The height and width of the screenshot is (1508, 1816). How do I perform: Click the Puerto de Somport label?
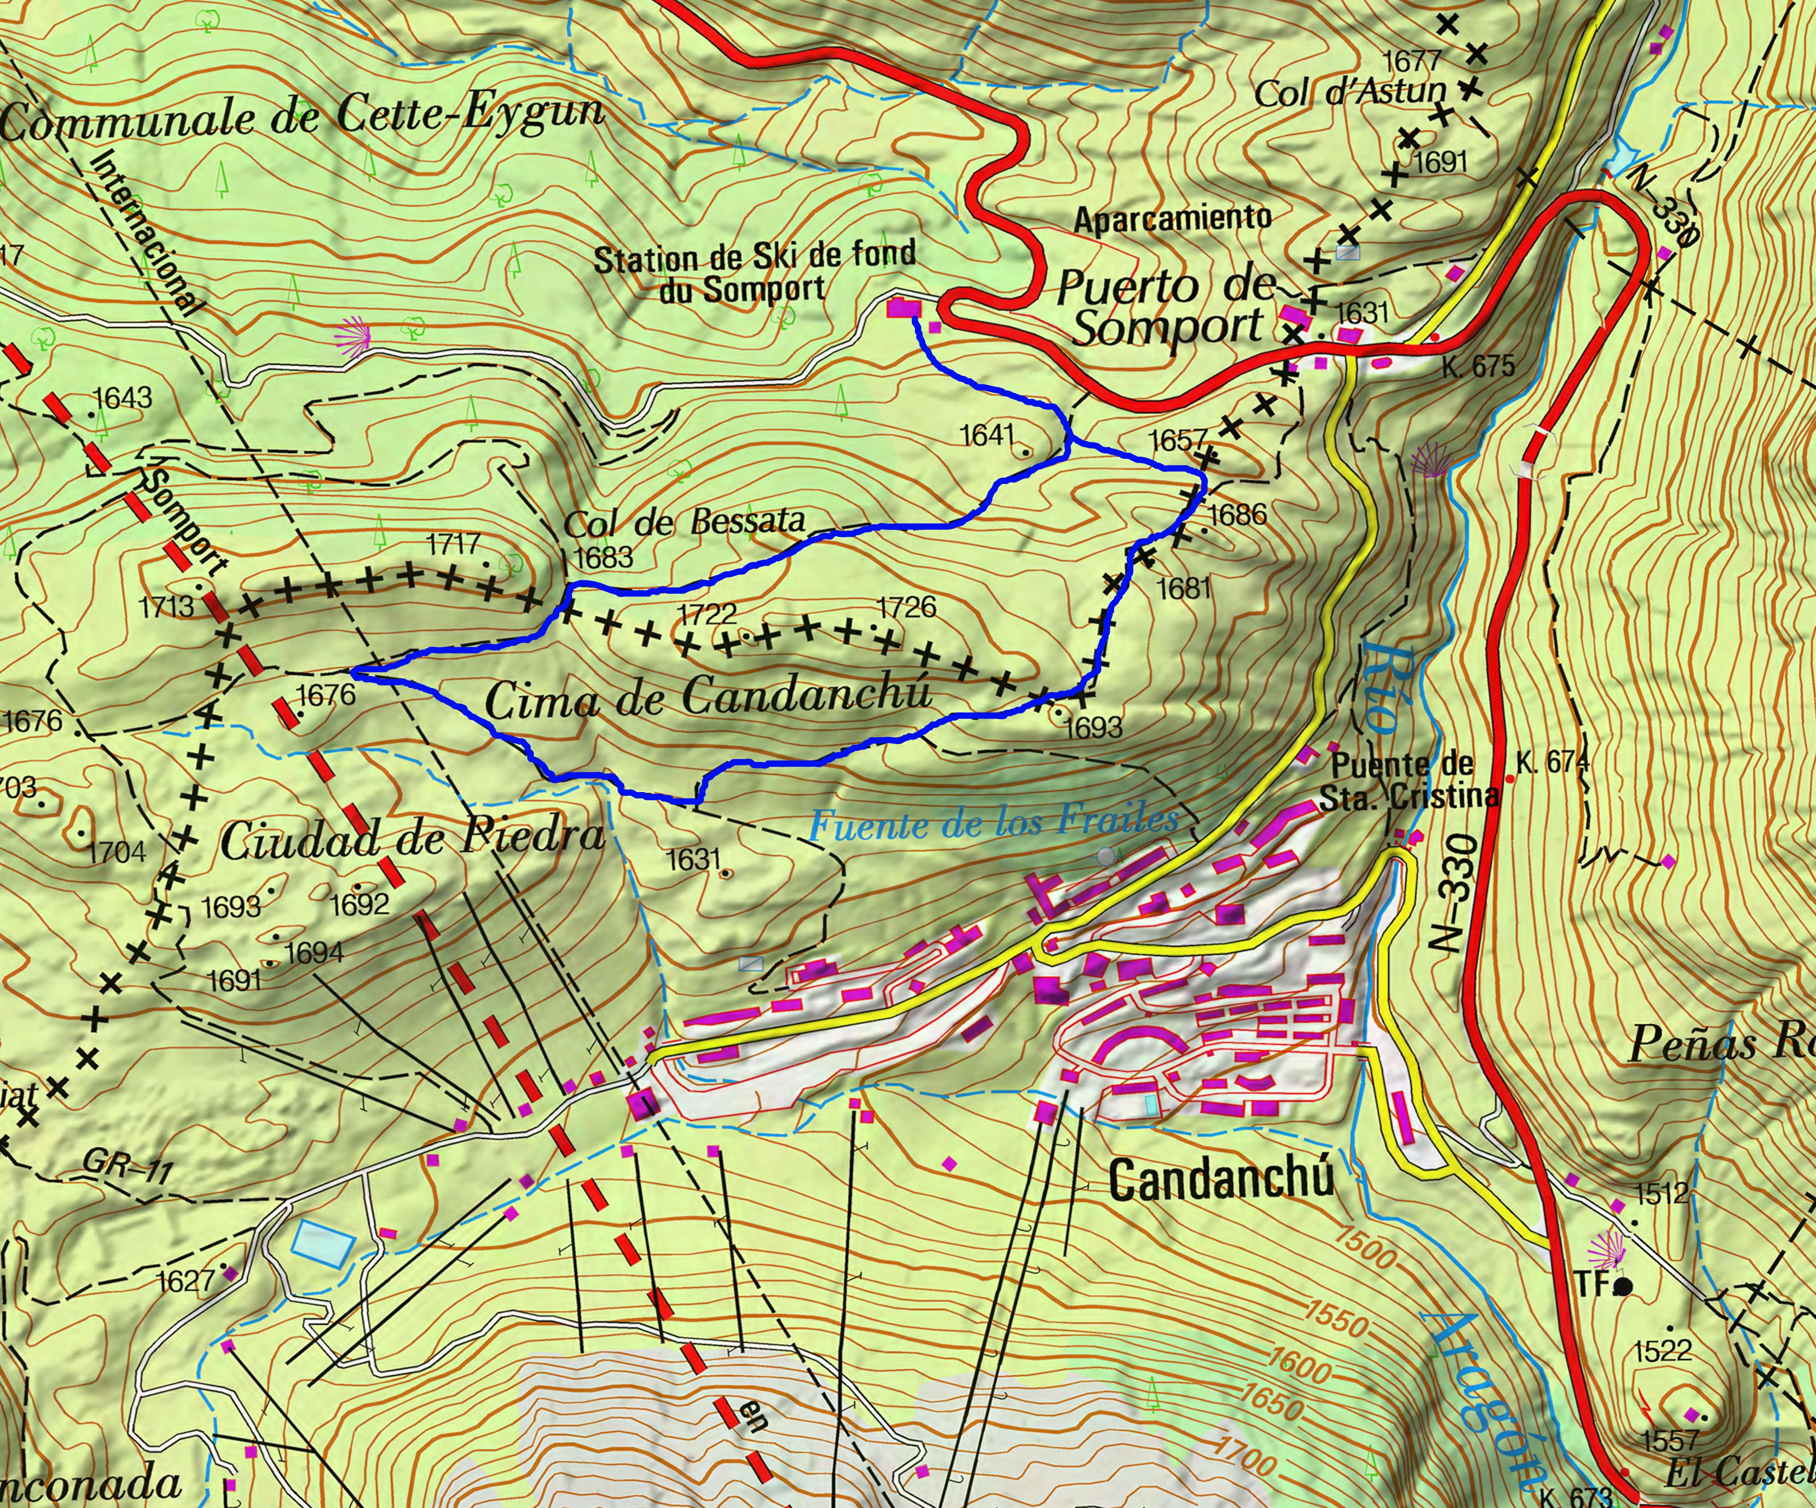tap(1167, 307)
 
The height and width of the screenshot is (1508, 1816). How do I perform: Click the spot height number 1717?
tap(454, 544)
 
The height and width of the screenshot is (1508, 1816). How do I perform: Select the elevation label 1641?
tap(988, 435)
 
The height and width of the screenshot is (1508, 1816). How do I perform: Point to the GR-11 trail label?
tap(128, 1169)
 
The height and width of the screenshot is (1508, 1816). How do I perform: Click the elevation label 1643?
tap(123, 398)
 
